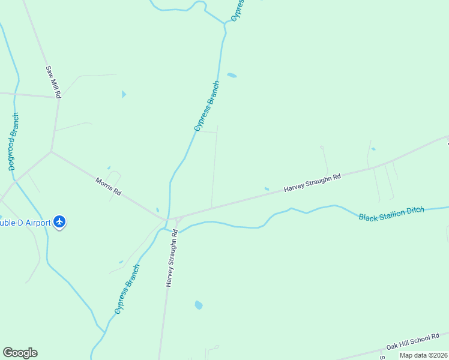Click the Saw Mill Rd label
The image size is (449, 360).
(53, 82)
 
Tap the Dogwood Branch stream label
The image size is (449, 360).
(14, 142)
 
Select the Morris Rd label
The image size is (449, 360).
(109, 186)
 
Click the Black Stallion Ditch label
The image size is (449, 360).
(391, 213)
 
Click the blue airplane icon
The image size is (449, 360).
(59, 222)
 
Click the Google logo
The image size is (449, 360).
(20, 353)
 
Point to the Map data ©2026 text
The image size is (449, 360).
(424, 355)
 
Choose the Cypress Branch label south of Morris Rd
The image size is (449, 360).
(127, 289)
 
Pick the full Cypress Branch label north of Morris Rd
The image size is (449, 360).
(207, 106)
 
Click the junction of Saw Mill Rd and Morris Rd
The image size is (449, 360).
(52, 152)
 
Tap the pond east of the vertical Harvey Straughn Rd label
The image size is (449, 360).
(199, 305)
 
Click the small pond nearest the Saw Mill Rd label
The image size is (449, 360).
(124, 94)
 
